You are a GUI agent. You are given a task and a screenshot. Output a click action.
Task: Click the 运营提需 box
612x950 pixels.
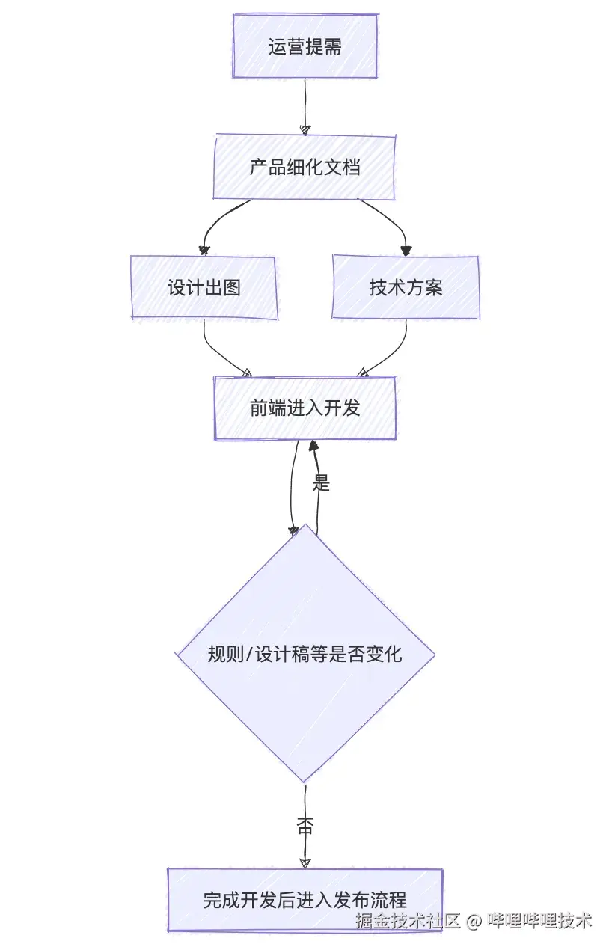tap(305, 46)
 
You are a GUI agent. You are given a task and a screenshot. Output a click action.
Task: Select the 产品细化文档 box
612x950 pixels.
tap(305, 167)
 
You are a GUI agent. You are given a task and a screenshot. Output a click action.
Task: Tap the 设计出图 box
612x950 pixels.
tap(204, 287)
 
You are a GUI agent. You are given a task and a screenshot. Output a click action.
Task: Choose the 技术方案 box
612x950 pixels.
tap(406, 287)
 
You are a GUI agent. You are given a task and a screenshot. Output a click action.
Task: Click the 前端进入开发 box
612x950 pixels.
tap(305, 408)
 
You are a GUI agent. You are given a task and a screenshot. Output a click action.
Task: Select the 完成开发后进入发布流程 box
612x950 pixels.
tap(305, 900)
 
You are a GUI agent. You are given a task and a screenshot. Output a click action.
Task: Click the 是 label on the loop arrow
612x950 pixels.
tap(321, 483)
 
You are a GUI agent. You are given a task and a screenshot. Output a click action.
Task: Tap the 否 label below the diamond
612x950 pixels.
tap(305, 826)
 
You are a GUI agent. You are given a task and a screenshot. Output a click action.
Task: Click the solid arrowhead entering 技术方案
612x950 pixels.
tap(406, 250)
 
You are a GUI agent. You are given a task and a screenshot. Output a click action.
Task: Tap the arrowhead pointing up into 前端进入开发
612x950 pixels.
tap(314, 447)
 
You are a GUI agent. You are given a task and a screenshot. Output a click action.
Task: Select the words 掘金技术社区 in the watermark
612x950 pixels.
tap(407, 920)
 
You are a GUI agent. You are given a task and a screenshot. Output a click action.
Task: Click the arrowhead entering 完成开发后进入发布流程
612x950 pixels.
tap(305, 862)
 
